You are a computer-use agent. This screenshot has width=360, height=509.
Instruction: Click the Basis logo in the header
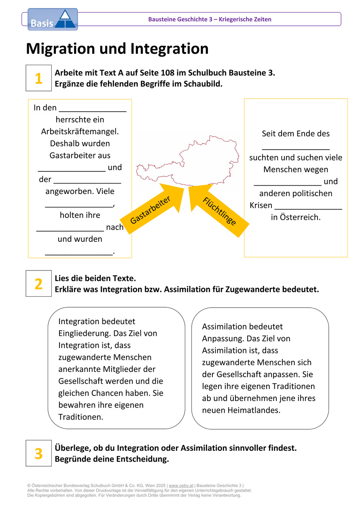pos(53,19)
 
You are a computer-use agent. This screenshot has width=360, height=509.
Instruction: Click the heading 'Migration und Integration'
pos(117,49)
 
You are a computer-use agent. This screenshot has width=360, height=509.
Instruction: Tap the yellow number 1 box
pos(39,78)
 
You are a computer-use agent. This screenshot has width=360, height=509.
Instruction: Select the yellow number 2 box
pos(39,283)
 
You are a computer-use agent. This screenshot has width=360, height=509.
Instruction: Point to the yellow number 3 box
pos(39,453)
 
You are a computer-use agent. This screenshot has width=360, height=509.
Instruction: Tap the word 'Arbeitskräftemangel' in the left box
pos(80,132)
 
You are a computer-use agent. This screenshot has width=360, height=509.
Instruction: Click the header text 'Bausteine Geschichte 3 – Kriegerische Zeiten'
pos(210,19)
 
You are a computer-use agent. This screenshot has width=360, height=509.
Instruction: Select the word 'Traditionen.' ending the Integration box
pos(81,417)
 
